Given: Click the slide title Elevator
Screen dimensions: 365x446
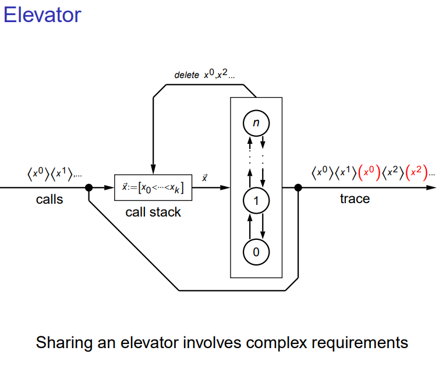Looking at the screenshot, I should (x=42, y=14).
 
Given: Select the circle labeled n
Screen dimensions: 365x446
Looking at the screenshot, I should (x=256, y=123).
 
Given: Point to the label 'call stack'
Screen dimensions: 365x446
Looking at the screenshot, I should (x=153, y=212).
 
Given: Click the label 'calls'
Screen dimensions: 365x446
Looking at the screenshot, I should (x=49, y=200).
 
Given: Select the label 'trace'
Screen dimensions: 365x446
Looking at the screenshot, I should (x=355, y=199).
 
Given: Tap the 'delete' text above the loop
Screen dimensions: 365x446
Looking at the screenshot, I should (x=186, y=76).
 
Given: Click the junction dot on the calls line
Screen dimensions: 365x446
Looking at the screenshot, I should (x=89, y=187).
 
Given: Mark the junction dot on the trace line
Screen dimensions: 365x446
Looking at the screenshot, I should (x=298, y=187).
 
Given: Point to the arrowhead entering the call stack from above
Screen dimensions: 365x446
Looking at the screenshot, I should (x=153, y=170).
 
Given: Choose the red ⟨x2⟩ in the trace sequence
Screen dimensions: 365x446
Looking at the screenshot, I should (x=416, y=172).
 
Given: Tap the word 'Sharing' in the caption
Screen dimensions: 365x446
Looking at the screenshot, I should (x=61, y=342).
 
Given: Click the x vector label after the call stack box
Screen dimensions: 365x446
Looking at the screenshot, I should (x=204, y=178).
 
